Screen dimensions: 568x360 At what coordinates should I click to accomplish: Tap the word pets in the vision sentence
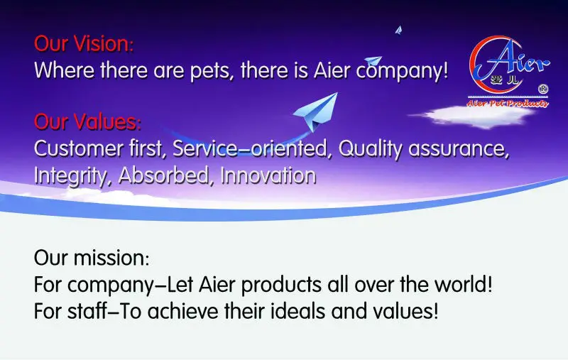click(211, 70)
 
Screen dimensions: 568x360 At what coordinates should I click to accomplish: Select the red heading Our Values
click(87, 121)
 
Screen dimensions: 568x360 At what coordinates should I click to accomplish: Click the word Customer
click(79, 148)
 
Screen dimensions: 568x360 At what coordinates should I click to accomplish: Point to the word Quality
click(370, 149)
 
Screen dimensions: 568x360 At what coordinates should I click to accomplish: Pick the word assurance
click(458, 149)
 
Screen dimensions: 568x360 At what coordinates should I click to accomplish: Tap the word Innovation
click(268, 175)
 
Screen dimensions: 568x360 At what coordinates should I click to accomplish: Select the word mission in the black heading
click(111, 258)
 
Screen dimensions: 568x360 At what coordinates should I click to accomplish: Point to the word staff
click(87, 311)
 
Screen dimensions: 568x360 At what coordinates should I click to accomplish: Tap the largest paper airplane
click(316, 111)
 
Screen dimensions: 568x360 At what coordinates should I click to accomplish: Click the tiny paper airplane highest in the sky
click(399, 30)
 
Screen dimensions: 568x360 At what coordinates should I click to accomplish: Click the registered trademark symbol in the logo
click(543, 89)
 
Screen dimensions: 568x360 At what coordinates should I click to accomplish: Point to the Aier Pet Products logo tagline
click(507, 104)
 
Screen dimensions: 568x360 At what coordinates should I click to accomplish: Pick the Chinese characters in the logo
click(504, 80)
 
